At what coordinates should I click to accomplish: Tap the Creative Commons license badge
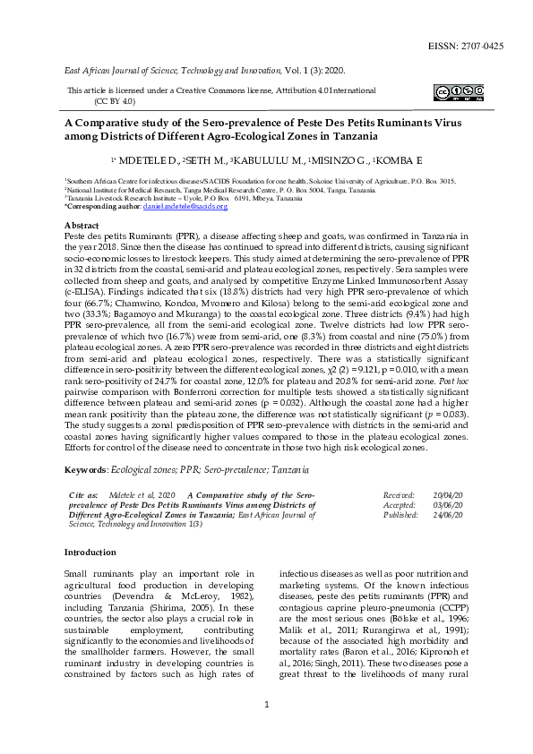pos(459,91)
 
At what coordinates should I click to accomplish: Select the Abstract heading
pos(82,225)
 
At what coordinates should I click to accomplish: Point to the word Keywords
pos(85,469)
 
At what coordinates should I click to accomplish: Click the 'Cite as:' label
pos(83,494)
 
